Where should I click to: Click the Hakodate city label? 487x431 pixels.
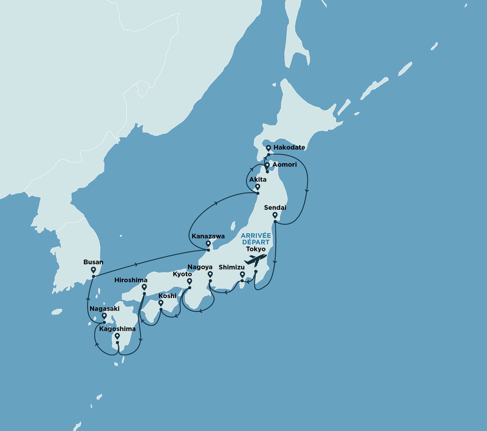tap(289, 147)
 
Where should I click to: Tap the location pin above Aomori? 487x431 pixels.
tap(267, 165)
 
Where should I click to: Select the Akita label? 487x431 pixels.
tap(258, 180)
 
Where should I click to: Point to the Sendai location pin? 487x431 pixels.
tap(275, 215)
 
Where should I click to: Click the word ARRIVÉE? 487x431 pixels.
tap(256, 236)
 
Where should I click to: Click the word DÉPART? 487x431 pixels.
tap(256, 242)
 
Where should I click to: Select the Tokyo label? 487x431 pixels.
tap(256, 249)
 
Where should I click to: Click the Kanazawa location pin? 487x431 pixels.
tap(208, 243)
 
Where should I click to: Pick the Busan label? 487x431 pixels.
tap(93, 262)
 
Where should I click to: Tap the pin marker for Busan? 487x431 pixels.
tap(93, 270)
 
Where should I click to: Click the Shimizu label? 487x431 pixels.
tap(232, 267)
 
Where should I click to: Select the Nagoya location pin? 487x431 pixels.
tap(210, 274)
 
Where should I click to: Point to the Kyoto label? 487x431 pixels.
tap(182, 274)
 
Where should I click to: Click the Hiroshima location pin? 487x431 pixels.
tap(144, 287)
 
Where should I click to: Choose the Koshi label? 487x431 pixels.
tap(167, 296)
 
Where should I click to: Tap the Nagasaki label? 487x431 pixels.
tap(104, 309)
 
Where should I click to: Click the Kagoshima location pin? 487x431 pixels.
tap(117, 336)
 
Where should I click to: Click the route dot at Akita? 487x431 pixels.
tap(258, 193)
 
